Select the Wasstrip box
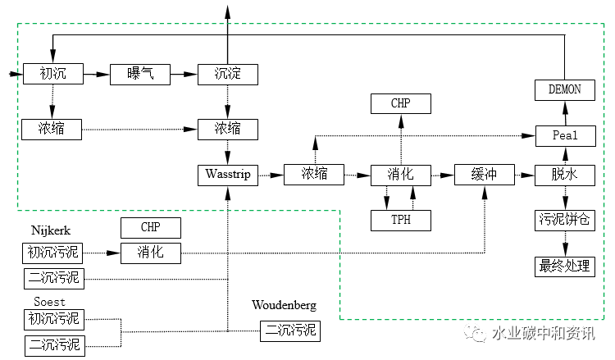click(228, 174)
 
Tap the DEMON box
click(564, 89)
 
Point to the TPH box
click(400, 220)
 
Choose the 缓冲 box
click(485, 174)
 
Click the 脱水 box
click(564, 174)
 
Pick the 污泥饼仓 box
click(564, 220)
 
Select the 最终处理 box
click(564, 266)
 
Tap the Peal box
click(564, 135)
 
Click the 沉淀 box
click(228, 74)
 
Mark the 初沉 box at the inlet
click(53, 74)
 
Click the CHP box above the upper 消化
click(400, 103)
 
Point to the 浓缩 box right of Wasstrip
click(314, 174)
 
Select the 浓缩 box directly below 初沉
click(53, 128)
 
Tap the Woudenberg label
click(284, 306)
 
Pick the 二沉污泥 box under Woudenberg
click(289, 331)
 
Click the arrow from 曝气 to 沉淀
click(183, 74)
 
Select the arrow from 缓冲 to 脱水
click(524, 174)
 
